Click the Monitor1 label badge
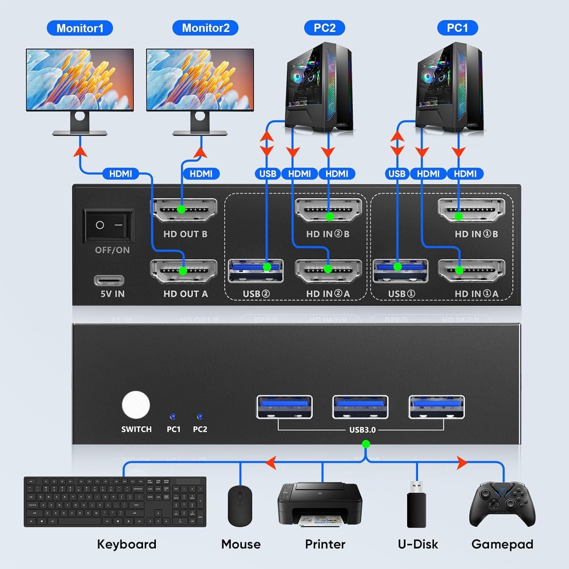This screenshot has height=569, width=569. pyautogui.click(x=80, y=28)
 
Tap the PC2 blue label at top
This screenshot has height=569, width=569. pyautogui.click(x=324, y=28)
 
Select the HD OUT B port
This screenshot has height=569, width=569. pyautogui.click(x=184, y=210)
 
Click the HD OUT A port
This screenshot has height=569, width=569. pyautogui.click(x=184, y=271)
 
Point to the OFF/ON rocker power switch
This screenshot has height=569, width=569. pyautogui.click(x=109, y=225)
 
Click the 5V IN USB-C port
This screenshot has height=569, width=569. pyautogui.click(x=109, y=280)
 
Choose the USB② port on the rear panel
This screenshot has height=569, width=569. pyautogui.click(x=256, y=270)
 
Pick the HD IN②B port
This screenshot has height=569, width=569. pyautogui.click(x=328, y=210)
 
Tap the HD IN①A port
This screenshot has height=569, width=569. pyautogui.click(x=472, y=271)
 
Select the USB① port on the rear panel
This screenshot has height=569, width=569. pyautogui.click(x=401, y=270)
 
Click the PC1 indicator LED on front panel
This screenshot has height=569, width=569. pyautogui.click(x=173, y=417)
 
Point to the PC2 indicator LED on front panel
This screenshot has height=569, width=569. pyautogui.click(x=200, y=417)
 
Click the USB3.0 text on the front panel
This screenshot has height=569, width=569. pyautogui.click(x=362, y=430)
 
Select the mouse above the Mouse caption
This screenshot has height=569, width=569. pyautogui.click(x=240, y=505)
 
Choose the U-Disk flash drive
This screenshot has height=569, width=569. pyautogui.click(x=417, y=505)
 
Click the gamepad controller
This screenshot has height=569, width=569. pyautogui.click(x=502, y=505)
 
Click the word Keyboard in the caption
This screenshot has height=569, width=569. pyautogui.click(x=127, y=544)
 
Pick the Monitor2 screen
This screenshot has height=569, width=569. pyautogui.click(x=200, y=80)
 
